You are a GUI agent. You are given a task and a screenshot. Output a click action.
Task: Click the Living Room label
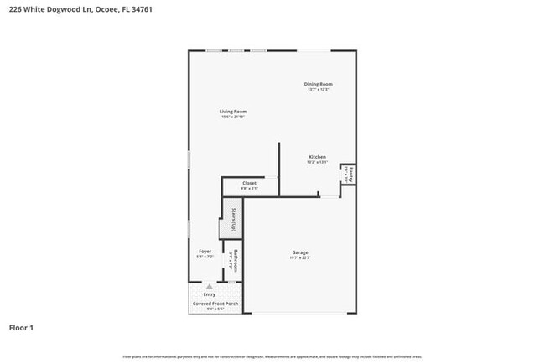click(233, 112)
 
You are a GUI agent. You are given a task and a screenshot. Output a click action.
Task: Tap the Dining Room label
click(319, 84)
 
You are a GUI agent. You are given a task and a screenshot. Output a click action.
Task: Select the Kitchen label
click(317, 157)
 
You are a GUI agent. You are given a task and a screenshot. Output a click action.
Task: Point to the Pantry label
click(353, 174)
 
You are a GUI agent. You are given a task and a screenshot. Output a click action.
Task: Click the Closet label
click(249, 183)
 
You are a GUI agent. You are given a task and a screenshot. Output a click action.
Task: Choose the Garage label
click(300, 252)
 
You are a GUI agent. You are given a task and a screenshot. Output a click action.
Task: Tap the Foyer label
click(205, 251)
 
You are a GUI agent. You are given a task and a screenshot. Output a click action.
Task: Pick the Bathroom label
click(237, 261)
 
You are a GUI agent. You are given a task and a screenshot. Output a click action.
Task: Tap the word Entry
click(210, 294)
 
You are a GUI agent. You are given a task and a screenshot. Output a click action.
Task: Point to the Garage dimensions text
click(300, 258)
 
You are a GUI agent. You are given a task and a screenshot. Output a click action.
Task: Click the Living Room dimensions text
click(233, 117)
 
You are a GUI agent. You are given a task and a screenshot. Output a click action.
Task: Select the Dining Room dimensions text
click(319, 90)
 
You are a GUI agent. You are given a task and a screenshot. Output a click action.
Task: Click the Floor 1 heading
click(21, 327)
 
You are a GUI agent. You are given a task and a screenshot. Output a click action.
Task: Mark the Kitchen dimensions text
click(317, 163)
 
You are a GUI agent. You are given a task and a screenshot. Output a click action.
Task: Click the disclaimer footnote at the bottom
click(272, 357)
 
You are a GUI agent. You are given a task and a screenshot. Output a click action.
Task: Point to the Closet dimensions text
click(249, 189)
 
